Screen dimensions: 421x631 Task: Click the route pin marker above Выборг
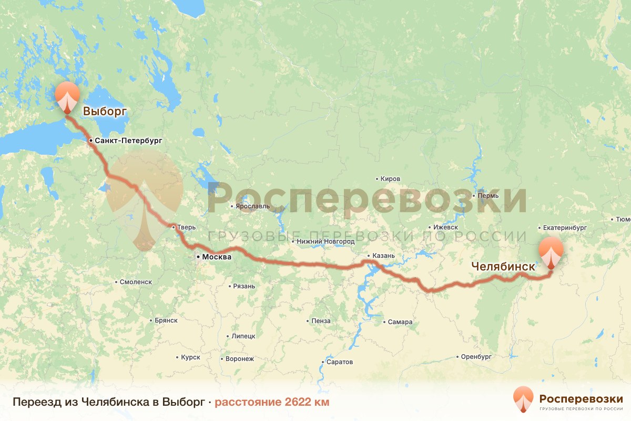[67, 96]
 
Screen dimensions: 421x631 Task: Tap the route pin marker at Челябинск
[551, 252]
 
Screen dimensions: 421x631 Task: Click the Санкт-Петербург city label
[128, 141]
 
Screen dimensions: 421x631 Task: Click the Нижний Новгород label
[325, 242]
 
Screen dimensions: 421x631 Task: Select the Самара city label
[401, 322]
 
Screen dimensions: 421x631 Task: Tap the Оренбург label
[476, 356]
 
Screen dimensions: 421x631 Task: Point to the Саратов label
[340, 362]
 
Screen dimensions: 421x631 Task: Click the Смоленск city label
[136, 282]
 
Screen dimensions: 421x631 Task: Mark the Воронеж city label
[239, 359]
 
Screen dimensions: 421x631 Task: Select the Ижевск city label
[445, 227]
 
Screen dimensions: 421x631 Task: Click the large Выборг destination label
[105, 111]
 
